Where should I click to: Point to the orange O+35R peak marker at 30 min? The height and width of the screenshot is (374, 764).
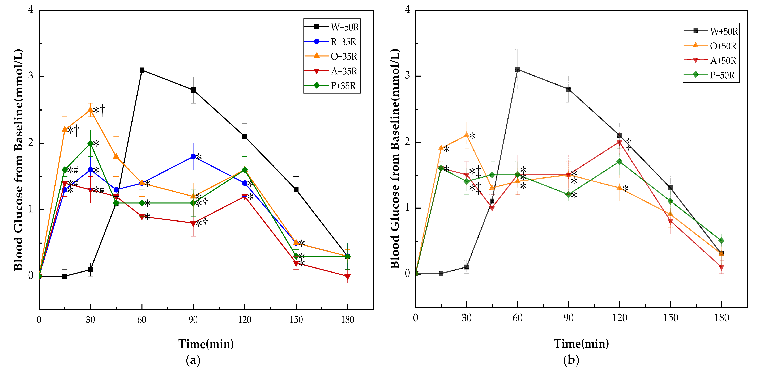91,110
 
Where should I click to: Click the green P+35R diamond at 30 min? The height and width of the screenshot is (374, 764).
91,143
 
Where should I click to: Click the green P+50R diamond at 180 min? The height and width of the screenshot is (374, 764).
721,241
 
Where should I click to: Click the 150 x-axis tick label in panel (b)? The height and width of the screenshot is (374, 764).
670,318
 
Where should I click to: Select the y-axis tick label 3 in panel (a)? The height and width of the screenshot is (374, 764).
31,76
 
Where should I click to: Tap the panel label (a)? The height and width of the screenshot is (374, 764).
193,360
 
